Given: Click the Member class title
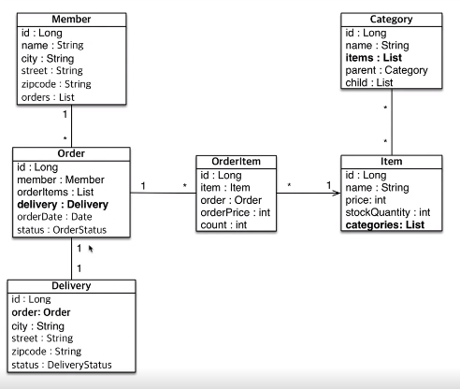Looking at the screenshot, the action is (x=71, y=20).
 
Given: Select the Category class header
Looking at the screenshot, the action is (x=392, y=20).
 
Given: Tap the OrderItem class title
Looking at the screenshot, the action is (x=236, y=162).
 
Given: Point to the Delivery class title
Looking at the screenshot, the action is (x=71, y=286).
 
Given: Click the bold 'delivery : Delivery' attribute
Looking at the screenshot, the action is (x=63, y=205).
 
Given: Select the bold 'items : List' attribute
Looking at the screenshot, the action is (x=374, y=58).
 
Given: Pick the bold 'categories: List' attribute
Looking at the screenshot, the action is (x=385, y=224).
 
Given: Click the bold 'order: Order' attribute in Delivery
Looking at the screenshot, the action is (x=41, y=312).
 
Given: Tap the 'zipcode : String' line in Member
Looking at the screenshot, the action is (x=56, y=84).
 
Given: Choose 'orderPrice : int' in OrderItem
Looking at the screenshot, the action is (x=236, y=212).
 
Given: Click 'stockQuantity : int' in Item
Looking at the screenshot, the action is (x=388, y=212).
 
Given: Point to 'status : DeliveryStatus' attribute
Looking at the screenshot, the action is (x=62, y=365).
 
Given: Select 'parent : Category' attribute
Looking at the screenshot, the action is (x=386, y=70).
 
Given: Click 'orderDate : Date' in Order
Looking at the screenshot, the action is (x=54, y=217).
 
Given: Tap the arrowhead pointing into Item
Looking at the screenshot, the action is (x=337, y=193).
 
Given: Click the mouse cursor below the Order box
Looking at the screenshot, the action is (x=91, y=249).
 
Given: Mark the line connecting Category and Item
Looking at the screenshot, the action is (x=392, y=122).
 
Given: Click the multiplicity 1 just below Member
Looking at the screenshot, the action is (x=65, y=114).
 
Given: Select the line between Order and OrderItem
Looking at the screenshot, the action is (x=163, y=193).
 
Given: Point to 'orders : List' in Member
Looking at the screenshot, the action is (x=48, y=97).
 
